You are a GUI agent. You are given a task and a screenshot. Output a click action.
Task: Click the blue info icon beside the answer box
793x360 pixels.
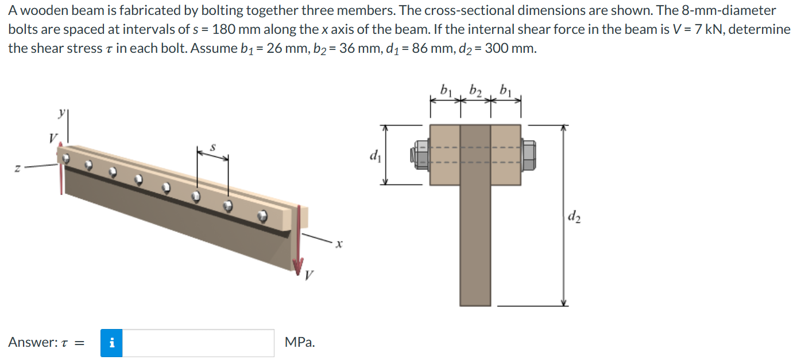click(x=111, y=343)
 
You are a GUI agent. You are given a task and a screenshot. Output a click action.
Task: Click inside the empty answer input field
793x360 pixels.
click(x=198, y=343)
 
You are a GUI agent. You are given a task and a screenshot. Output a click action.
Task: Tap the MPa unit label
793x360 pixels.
click(x=299, y=343)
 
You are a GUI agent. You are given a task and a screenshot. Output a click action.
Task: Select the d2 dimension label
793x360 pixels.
click(x=573, y=216)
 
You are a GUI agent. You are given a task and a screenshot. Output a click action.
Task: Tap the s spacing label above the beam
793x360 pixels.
click(x=213, y=148)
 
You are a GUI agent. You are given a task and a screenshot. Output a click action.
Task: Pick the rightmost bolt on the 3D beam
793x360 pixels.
click(x=263, y=216)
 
